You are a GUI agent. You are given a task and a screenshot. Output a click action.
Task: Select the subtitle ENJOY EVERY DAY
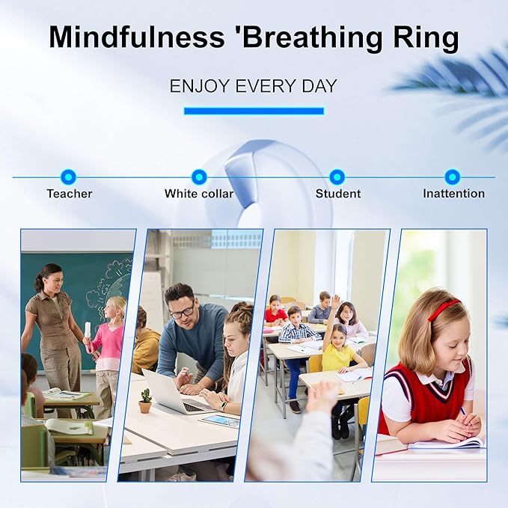[253, 85]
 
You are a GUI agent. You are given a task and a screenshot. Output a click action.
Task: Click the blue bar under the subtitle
[253, 111]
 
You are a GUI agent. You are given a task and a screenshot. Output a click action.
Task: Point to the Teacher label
[70, 194]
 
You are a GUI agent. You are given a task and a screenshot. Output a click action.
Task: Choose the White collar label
[199, 194]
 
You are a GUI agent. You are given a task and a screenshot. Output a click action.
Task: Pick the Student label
[338, 194]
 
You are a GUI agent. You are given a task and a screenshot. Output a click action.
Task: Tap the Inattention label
[453, 194]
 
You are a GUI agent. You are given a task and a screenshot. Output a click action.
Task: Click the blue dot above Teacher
[68, 177]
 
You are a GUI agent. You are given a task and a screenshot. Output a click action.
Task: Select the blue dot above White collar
[199, 177]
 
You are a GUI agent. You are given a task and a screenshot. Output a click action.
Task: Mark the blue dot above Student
[337, 177]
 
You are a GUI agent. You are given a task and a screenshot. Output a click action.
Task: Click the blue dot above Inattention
[452, 177]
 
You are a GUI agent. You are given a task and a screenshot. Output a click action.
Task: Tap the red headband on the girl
[444, 309]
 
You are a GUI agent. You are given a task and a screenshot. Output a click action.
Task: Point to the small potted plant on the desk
[145, 400]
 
